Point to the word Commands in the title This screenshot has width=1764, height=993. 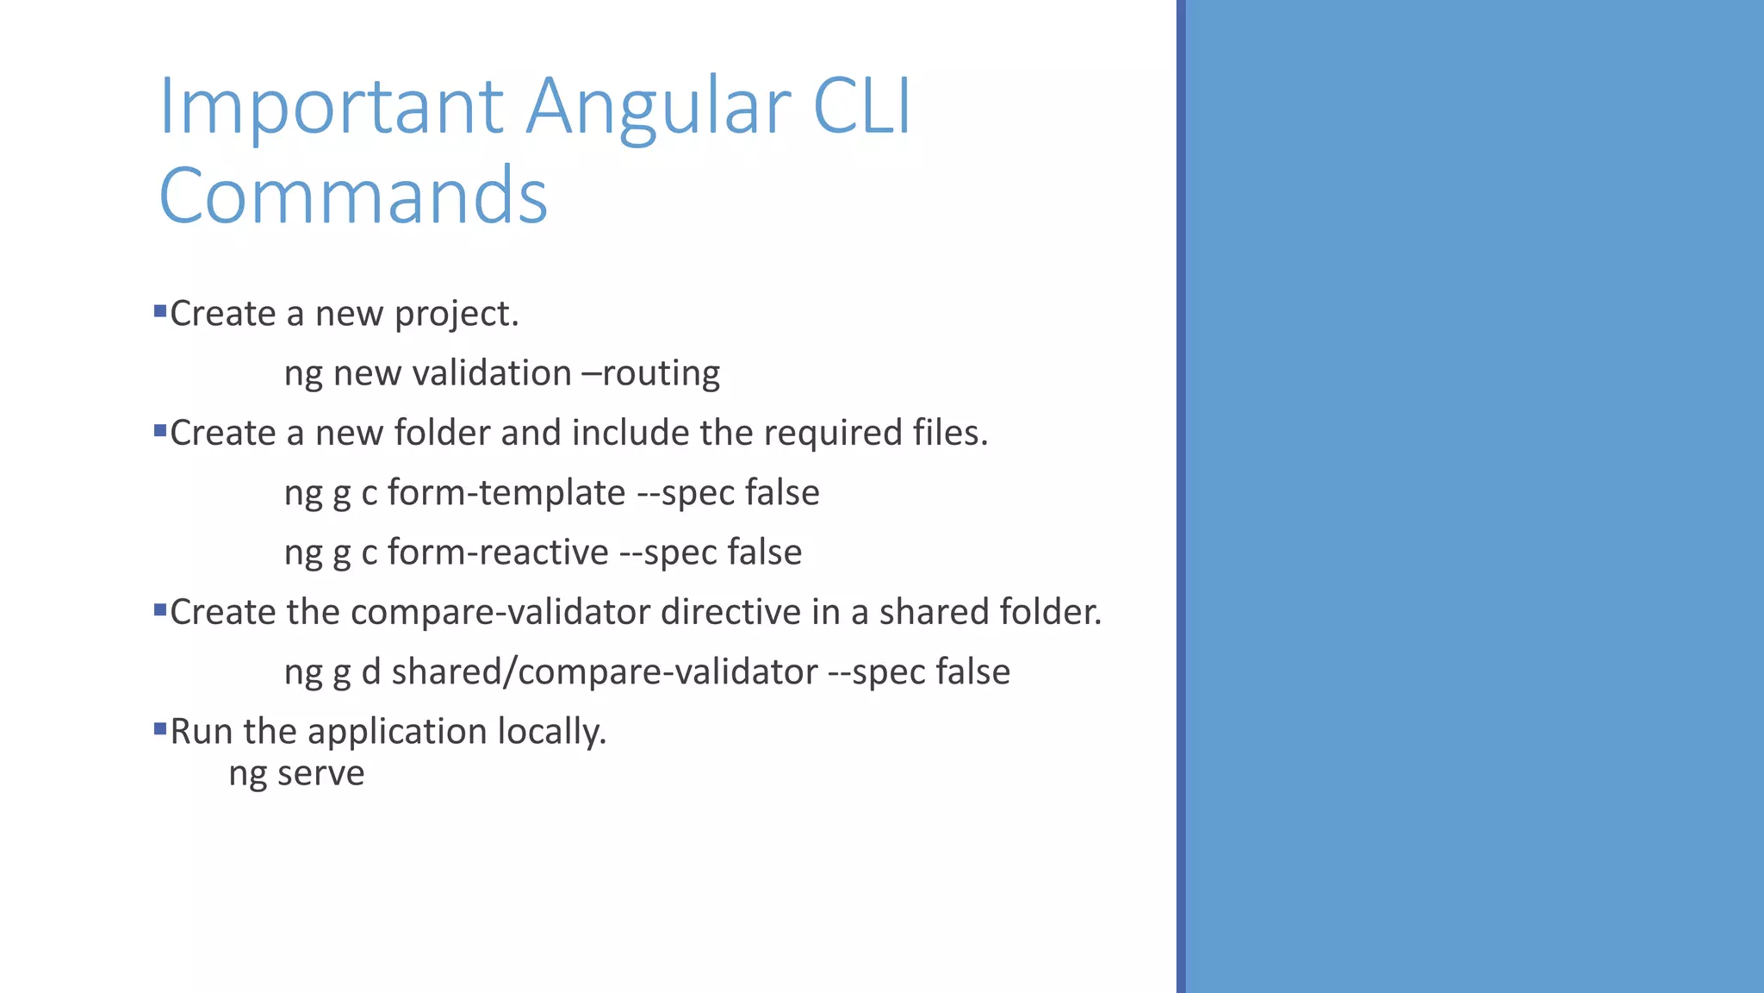point(353,197)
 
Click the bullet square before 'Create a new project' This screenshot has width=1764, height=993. point(159,310)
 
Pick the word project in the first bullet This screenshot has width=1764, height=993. point(457,315)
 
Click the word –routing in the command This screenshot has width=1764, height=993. point(651,373)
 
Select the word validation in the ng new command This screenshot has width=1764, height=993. point(492,373)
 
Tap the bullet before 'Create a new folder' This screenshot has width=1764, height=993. point(159,429)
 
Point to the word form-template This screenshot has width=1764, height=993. point(506,492)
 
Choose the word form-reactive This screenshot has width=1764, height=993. point(498,552)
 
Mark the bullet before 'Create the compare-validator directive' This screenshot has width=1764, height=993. point(159,609)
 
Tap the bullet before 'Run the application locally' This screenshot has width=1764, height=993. point(159,728)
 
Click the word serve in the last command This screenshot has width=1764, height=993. point(320,773)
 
